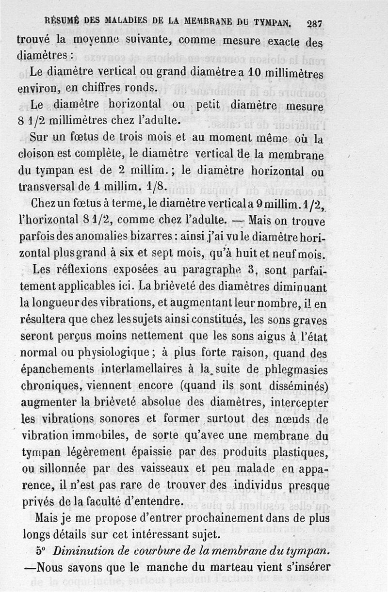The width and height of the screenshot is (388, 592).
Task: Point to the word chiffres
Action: click(80, 88)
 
